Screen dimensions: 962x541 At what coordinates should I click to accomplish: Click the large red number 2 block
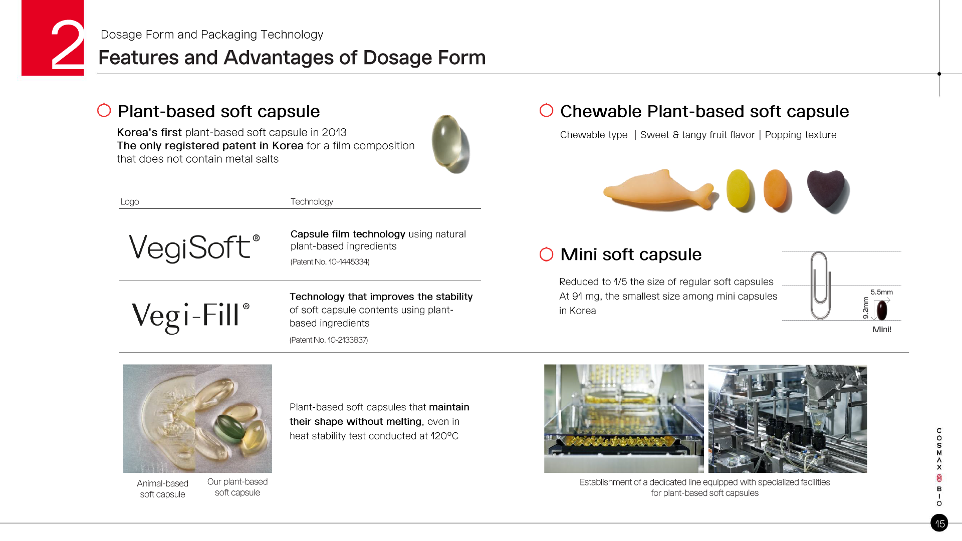(x=53, y=38)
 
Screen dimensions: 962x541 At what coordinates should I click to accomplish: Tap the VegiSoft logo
(x=194, y=247)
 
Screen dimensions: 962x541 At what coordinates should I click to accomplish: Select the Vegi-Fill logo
(x=190, y=317)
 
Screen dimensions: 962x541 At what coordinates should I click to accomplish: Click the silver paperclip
(x=820, y=285)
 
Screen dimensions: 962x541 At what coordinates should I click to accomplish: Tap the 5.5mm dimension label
(x=881, y=292)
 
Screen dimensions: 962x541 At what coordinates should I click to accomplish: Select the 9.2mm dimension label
(x=865, y=308)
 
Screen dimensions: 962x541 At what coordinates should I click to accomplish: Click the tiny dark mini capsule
(x=882, y=310)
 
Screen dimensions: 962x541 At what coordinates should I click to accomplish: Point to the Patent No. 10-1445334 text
(x=330, y=261)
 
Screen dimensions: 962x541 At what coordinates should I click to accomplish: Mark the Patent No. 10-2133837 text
(x=329, y=340)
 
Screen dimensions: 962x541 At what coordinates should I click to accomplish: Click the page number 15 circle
(x=939, y=523)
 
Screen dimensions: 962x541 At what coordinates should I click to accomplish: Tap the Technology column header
(x=312, y=201)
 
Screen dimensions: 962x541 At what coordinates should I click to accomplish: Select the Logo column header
(x=130, y=201)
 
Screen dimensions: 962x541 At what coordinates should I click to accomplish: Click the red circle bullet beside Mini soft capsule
(x=546, y=254)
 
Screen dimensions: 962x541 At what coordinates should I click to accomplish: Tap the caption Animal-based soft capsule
(x=162, y=489)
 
